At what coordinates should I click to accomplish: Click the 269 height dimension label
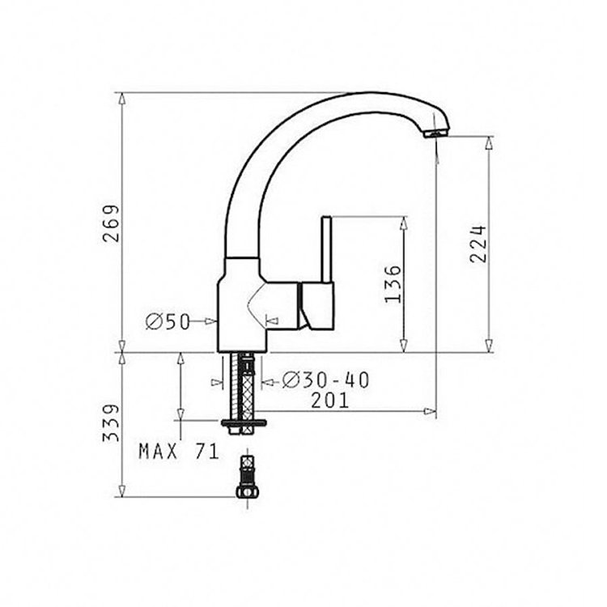point(111,223)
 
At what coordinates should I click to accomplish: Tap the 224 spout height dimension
point(478,244)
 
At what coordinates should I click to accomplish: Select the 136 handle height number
point(393,284)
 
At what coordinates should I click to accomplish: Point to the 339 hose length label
point(111,423)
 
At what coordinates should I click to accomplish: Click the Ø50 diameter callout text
point(168,321)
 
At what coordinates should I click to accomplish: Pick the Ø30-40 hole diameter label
point(325,380)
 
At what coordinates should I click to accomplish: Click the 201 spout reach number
point(330,401)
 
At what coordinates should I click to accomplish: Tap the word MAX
point(159,451)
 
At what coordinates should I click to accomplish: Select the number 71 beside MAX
point(207,451)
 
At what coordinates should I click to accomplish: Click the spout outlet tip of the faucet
point(436,134)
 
